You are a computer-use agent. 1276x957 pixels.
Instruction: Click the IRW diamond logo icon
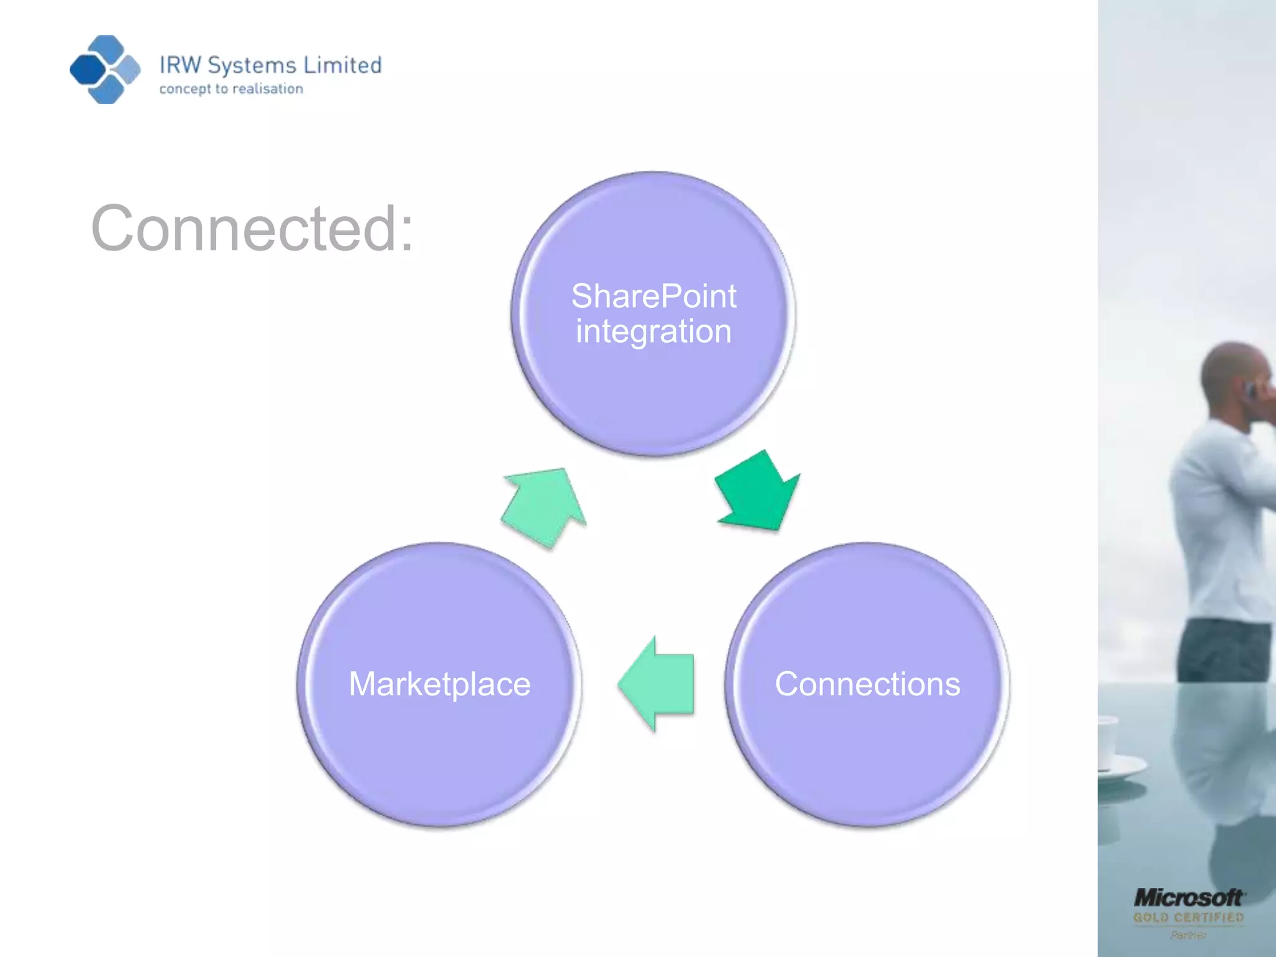105,69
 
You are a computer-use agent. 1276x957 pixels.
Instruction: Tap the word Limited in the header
342,65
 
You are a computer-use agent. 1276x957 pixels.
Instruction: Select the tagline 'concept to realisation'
231,89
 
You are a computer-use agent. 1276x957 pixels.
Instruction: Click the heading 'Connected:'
252,229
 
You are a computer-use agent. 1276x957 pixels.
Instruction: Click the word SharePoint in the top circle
654,296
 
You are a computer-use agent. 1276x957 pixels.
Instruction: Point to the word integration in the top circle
654,331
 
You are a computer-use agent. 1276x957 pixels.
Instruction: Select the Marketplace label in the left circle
439,684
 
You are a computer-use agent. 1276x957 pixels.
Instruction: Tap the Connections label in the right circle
867,684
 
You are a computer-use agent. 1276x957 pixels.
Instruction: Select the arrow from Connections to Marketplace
657,683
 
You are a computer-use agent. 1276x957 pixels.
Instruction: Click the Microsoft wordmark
1188,898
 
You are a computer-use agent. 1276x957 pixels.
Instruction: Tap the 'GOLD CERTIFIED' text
1188,918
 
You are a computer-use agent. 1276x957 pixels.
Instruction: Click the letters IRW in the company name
181,65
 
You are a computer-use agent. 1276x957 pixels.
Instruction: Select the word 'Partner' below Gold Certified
1188,935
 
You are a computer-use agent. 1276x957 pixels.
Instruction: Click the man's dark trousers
1224,651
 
